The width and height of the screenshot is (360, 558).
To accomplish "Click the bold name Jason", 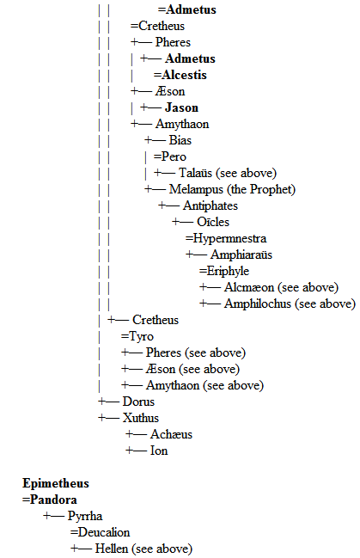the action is coord(181,107).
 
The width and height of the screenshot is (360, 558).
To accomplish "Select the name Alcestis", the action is coord(184,75).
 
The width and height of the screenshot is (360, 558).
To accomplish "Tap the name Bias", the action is coord(180,140).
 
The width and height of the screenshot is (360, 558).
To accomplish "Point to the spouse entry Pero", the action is coord(174,156).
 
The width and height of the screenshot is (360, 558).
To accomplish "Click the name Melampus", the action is coord(196,189).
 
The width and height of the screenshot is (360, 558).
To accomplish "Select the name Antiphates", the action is coord(211,205).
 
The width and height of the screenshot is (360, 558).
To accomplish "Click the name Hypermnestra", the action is coord(229,238).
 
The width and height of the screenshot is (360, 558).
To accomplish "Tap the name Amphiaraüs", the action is coord(241,254).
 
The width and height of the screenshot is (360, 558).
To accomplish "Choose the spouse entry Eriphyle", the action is coord(228,271).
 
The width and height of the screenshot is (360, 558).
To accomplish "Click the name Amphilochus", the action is coord(258,304).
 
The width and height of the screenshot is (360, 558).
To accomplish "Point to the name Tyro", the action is coord(141,336).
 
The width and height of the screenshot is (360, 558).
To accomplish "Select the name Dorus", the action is coord(138,402).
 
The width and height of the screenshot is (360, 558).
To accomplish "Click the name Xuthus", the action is coord(141,418).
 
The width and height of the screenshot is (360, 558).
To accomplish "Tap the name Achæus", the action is coord(171,434).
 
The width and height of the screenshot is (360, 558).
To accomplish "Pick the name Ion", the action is coord(159,451).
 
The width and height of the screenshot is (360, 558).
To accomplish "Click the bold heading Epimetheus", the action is coord(56,483).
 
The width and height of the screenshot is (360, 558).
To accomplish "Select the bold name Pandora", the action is coord(53,500).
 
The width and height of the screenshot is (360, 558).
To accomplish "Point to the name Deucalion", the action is coord(104,532).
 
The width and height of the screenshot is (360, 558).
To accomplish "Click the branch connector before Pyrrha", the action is coord(54,516).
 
